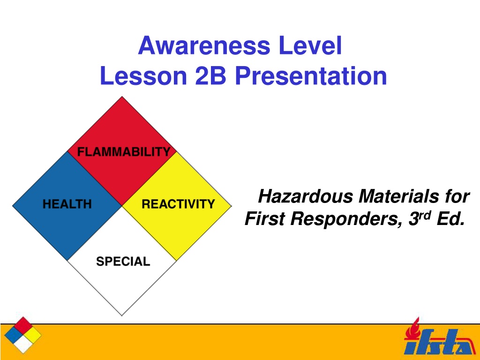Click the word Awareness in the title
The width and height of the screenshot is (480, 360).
pos(204,45)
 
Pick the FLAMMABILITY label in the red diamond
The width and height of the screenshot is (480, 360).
pos(124,151)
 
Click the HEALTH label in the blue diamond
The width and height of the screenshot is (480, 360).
pos(67,204)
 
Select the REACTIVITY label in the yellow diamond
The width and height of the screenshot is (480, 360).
pos(178,204)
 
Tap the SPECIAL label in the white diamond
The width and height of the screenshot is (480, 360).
pos(123,261)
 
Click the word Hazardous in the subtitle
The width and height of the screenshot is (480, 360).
pos(306,196)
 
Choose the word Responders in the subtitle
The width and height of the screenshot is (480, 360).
pos(346,219)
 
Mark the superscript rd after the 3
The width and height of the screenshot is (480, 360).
pos(425,215)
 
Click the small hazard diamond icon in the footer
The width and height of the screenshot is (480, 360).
pos(23,335)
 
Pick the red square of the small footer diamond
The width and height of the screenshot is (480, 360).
pos(23,326)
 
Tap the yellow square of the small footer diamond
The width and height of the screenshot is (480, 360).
pos(32,335)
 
